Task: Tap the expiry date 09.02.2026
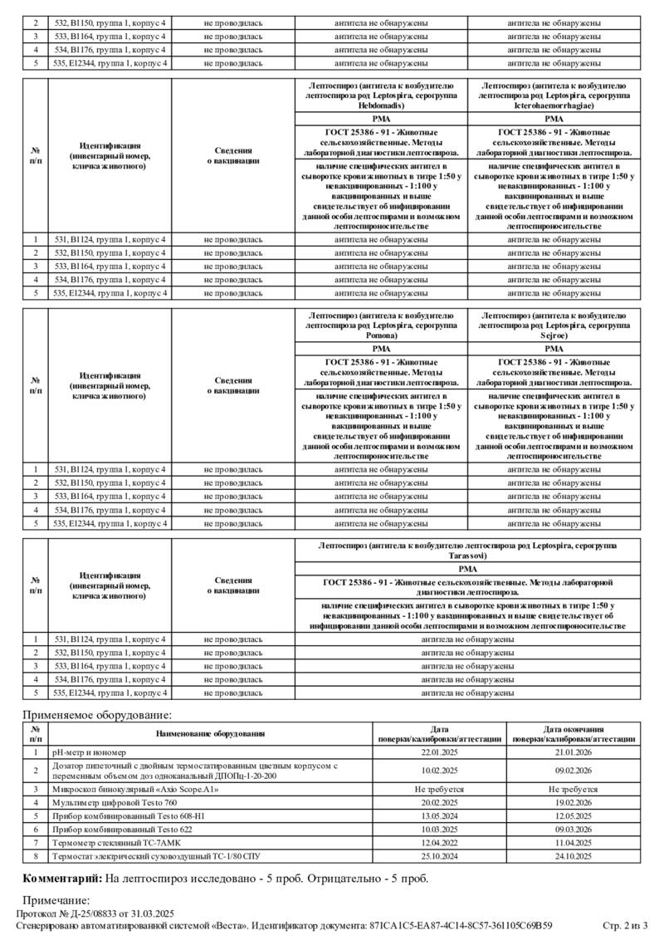574,770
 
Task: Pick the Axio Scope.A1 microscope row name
135,789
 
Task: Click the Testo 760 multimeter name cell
115,803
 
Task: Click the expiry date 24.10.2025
574,855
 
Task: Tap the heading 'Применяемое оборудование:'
97,714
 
